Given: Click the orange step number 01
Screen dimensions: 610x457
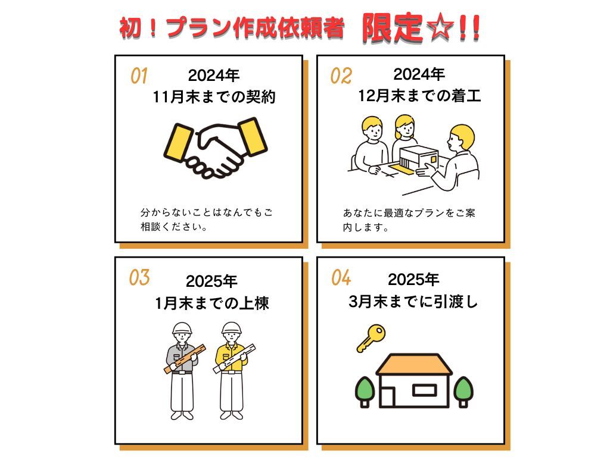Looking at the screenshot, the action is click(139, 76).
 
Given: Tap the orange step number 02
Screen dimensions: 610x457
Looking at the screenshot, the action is click(341, 76).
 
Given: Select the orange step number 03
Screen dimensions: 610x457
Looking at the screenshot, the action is click(139, 277).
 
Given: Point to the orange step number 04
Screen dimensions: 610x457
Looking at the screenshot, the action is click(341, 277).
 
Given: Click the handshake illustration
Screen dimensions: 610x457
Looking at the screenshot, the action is click(215, 148).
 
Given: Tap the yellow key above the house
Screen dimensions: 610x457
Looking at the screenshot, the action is click(371, 339).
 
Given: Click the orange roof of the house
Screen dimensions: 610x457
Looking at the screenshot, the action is click(414, 364).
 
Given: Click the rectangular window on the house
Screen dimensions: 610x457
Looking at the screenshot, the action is click(424, 390).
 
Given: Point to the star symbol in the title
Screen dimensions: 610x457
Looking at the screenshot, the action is click(440, 28).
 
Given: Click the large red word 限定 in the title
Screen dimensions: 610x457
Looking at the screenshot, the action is click(392, 27).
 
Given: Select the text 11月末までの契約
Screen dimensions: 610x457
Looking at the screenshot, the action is click(214, 97).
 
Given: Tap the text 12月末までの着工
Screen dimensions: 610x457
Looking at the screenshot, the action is click(419, 96).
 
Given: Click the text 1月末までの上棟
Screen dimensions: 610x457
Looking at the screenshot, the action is click(212, 303).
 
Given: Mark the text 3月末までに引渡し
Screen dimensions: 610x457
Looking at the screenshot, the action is click(413, 302).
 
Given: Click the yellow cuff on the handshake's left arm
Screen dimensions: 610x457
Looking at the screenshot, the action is click(178, 142).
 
